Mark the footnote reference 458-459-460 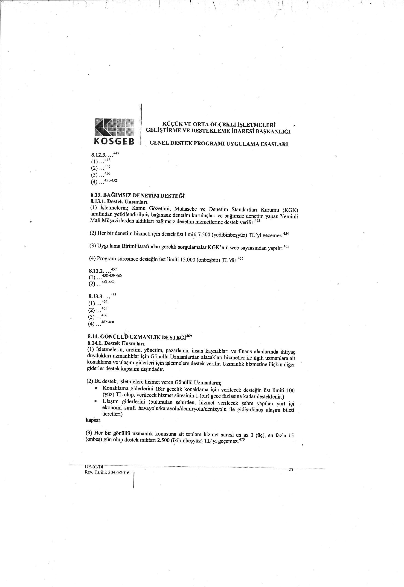pyautogui.click(x=112, y=275)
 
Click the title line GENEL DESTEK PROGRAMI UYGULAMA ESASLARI pyautogui.click(x=219, y=144)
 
